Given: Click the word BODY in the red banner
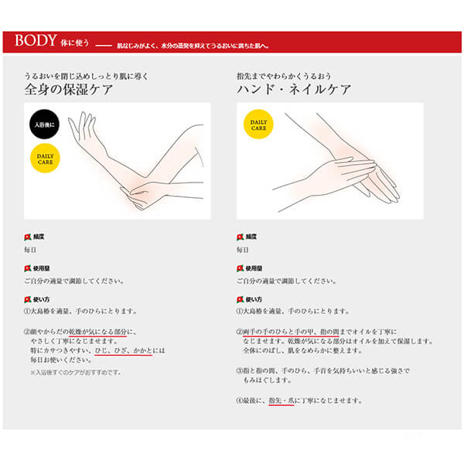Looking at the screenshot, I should (36, 41).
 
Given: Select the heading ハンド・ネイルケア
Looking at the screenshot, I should (294, 89).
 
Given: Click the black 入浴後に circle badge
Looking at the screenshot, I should (43, 125).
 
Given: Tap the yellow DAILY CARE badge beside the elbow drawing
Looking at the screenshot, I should (43, 159).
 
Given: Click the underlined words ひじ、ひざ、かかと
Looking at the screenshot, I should (128, 351).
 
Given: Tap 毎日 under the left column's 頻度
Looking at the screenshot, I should (30, 250).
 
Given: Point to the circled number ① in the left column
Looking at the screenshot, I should (27, 311).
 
